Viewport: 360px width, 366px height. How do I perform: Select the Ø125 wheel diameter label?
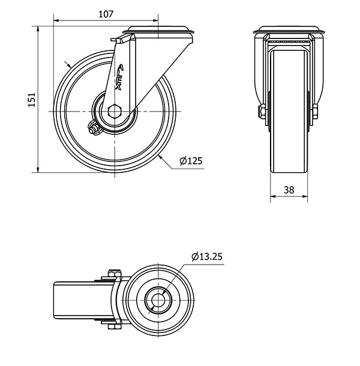191,160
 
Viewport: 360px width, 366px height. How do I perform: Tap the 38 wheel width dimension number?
289,190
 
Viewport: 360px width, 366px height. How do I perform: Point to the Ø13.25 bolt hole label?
208,257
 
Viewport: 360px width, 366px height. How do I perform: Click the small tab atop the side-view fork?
115,40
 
